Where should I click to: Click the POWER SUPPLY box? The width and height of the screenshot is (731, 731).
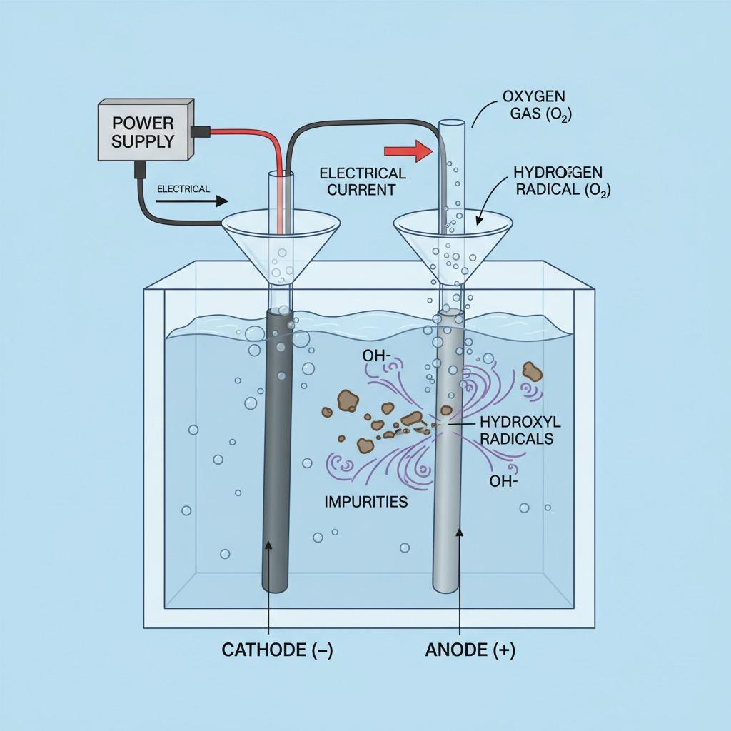[143, 130]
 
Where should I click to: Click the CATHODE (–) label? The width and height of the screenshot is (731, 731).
[277, 650]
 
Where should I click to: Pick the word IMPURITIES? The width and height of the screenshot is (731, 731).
[366, 501]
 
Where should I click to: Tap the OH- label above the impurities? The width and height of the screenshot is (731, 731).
[378, 355]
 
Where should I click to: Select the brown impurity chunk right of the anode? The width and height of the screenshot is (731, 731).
[532, 370]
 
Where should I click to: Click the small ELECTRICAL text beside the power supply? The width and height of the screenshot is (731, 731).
[183, 188]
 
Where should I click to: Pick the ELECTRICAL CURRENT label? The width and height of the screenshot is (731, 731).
[363, 181]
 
